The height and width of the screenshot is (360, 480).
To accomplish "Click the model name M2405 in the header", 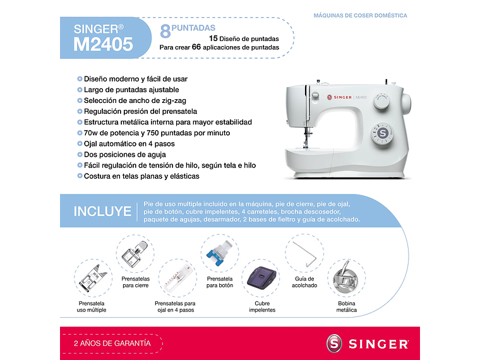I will coord(103,44).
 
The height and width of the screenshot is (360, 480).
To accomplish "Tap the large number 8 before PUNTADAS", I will coord(165,30).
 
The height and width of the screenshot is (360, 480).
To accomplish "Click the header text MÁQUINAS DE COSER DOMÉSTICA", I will coord(360,16).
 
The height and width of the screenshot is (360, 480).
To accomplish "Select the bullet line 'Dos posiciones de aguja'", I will coord(125,155).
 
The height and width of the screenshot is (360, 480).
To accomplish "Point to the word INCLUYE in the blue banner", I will coord(102,212).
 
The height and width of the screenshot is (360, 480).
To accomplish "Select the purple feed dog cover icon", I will coord(261,279).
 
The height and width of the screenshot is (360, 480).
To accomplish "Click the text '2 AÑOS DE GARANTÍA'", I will coord(112,344).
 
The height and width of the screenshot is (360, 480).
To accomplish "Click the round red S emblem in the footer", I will coord(336,344).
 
